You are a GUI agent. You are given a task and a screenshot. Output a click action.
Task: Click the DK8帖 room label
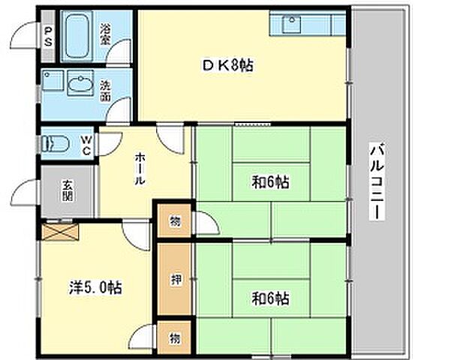click(x=227, y=65)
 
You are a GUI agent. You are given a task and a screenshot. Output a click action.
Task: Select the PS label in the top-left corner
click(x=48, y=35)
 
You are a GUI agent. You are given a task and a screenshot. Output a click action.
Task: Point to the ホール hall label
click(x=140, y=171)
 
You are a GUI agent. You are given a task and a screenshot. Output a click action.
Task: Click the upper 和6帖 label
click(x=270, y=181)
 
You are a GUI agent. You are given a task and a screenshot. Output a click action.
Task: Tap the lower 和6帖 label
click(x=270, y=298)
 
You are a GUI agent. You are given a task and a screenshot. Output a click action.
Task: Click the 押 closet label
click(x=175, y=280)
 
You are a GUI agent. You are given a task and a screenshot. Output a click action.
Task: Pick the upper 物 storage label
click(x=173, y=221)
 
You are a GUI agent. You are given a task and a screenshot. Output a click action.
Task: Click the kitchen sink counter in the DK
click(x=308, y=25)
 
